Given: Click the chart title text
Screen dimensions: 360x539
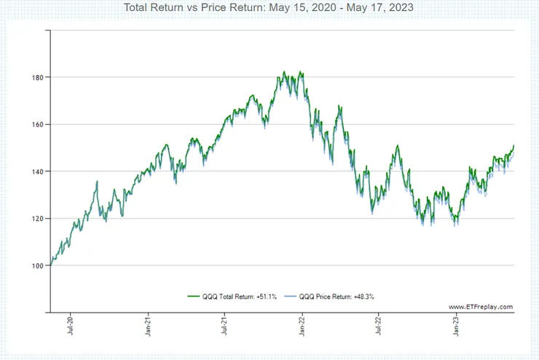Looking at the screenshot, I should [269, 9].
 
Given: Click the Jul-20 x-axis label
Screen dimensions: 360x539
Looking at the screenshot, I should [71, 326].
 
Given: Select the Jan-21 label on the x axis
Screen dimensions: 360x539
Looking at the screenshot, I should [149, 326].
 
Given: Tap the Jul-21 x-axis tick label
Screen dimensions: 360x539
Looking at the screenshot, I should [225, 326].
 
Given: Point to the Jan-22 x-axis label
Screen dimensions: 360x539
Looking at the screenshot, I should [302, 326].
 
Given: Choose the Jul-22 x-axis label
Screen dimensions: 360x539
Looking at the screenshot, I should [379, 326].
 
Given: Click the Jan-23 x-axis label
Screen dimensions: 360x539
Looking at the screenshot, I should [456, 326].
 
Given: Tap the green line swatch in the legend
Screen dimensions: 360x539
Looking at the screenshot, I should [194, 297].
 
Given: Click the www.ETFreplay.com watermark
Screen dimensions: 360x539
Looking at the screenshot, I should [481, 307].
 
